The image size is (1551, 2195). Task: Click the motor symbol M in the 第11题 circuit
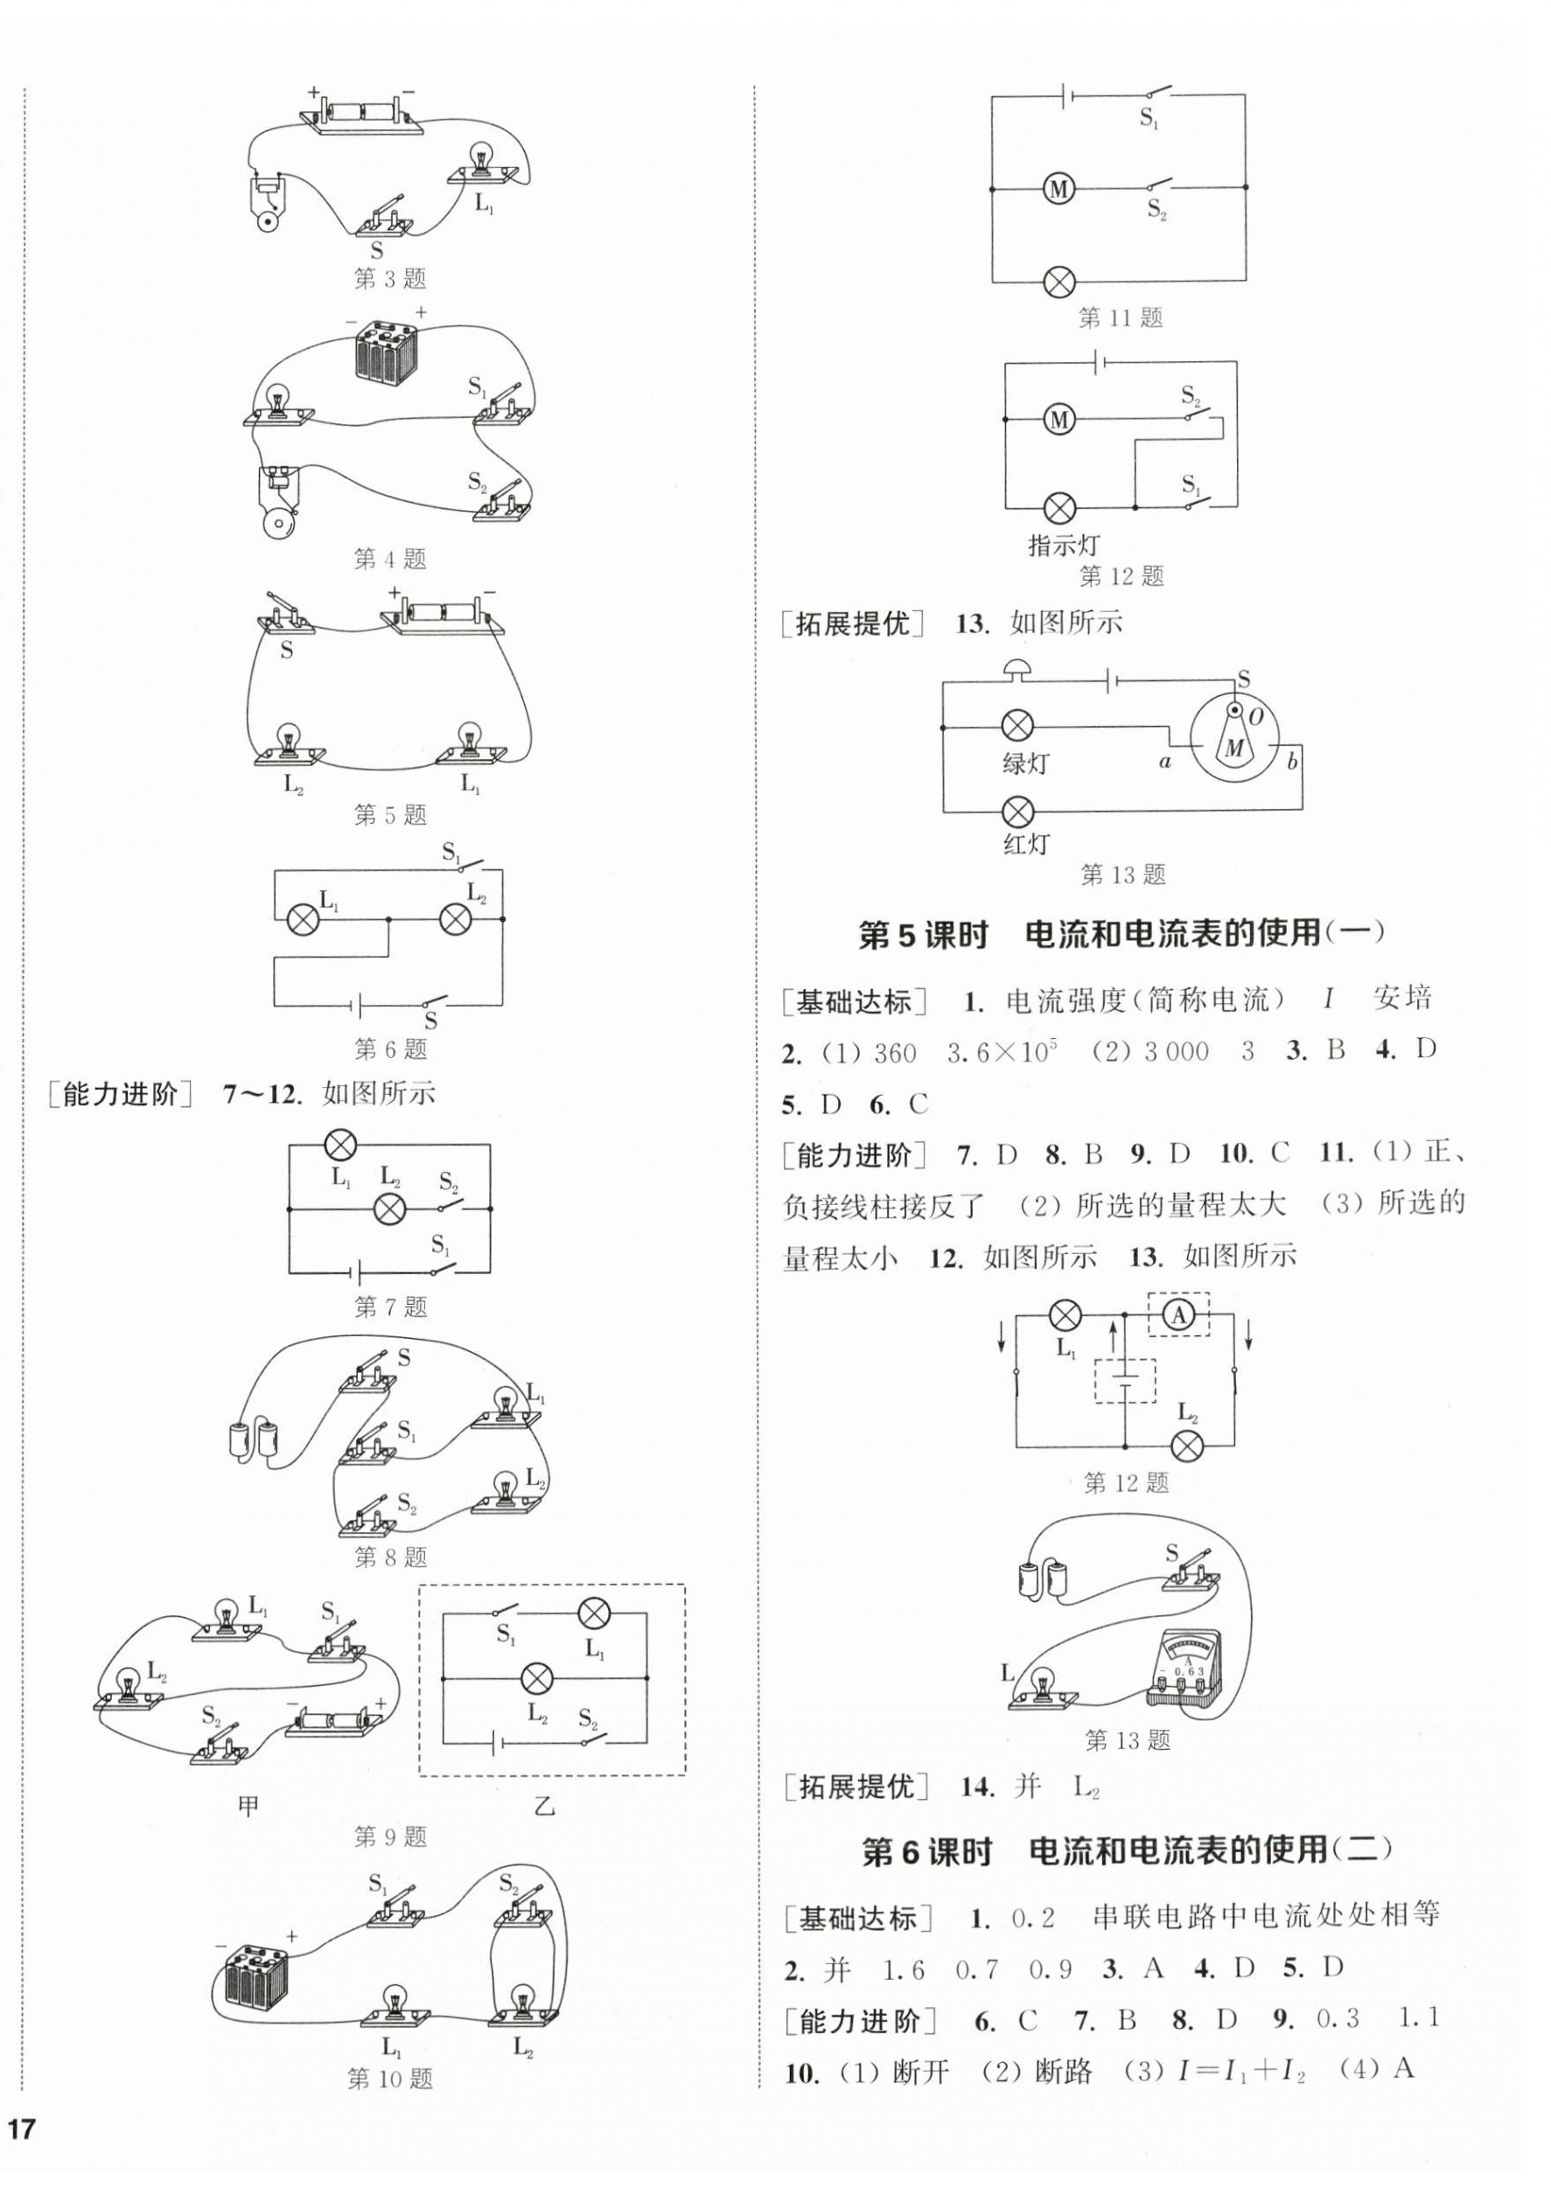point(1058,189)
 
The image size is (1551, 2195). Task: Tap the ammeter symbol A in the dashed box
point(1179,1315)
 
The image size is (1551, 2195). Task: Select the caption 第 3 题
point(390,279)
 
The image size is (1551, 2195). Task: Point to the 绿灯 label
point(1026,763)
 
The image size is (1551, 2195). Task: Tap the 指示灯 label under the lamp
point(1064,546)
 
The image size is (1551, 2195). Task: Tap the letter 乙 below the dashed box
point(545,1807)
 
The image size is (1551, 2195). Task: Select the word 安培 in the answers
point(1401,999)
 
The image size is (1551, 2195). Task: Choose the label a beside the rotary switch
point(1164,762)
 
